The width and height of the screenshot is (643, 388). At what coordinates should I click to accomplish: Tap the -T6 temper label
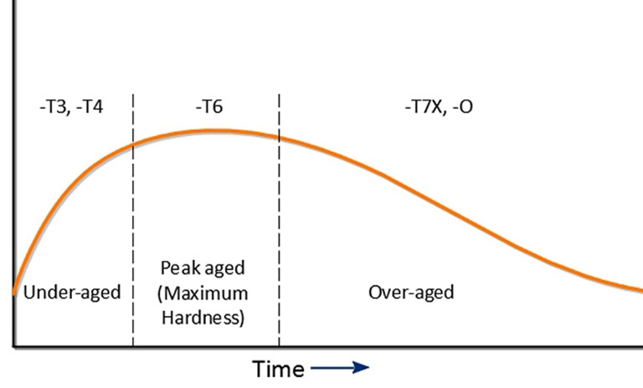pyautogui.click(x=208, y=108)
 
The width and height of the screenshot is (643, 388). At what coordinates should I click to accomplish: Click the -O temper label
pyautogui.click(x=462, y=108)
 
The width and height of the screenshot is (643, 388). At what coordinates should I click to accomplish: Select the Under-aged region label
pyautogui.click(x=72, y=292)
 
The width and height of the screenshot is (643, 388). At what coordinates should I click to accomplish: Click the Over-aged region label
pyautogui.click(x=411, y=292)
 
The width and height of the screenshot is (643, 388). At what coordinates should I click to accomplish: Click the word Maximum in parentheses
pyautogui.click(x=206, y=294)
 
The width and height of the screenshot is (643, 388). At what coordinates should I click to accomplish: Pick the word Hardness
pyautogui.click(x=206, y=317)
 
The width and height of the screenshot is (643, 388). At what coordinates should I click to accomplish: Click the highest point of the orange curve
pyautogui.click(x=215, y=130)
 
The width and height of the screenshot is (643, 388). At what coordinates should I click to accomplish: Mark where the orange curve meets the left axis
pyautogui.click(x=14, y=293)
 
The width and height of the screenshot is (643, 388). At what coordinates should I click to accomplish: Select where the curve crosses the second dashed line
pyautogui.click(x=280, y=138)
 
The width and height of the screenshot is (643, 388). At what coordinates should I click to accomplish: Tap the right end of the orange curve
pyautogui.click(x=640, y=290)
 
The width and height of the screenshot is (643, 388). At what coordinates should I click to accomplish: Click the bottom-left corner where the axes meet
pyautogui.click(x=13, y=345)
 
